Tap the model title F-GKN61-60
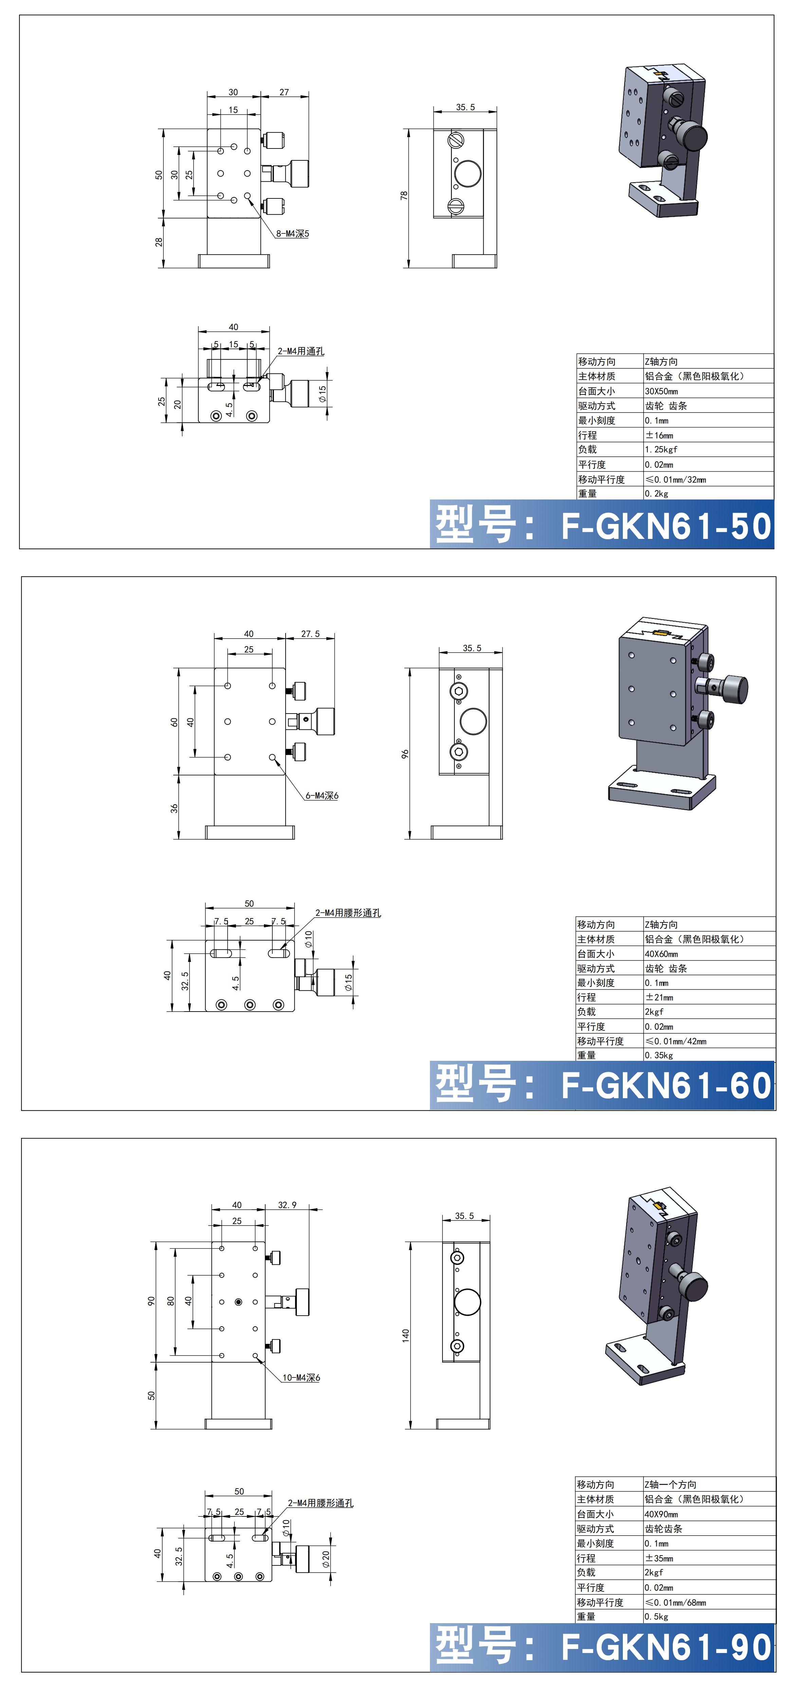666,1086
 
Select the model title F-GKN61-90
666,1647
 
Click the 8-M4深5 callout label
292,233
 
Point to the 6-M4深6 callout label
322,795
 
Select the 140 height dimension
405,1335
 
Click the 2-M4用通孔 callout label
301,351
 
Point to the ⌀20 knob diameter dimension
326,1559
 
